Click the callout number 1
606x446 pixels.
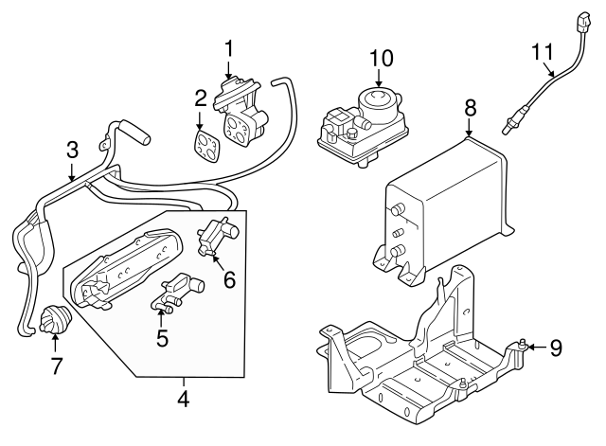click(228, 47)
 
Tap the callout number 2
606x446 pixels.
click(201, 98)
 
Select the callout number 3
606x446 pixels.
click(73, 149)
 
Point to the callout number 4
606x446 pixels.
click(183, 401)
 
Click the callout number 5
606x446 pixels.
click(162, 337)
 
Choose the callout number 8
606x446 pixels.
click(470, 109)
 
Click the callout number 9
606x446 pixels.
click(556, 348)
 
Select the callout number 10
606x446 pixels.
click(380, 58)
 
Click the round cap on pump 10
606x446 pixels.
click(381, 98)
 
